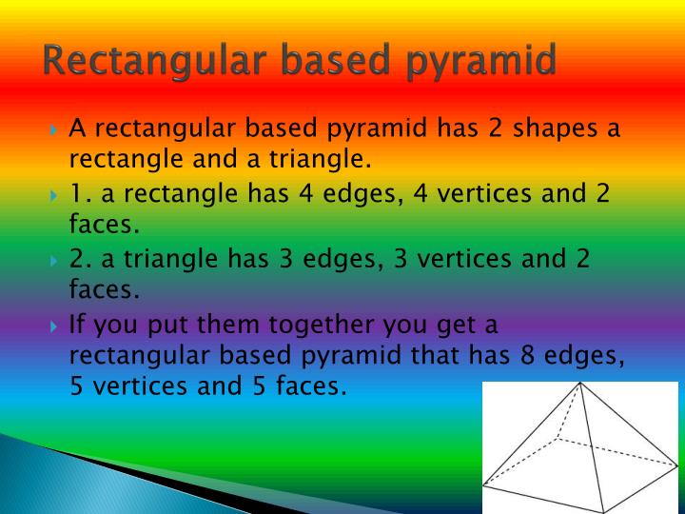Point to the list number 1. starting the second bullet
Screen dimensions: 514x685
pyautogui.click(x=80, y=193)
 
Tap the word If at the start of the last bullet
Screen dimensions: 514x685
pyautogui.click(x=79, y=324)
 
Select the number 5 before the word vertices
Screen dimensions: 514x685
pyautogui.click(x=79, y=386)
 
